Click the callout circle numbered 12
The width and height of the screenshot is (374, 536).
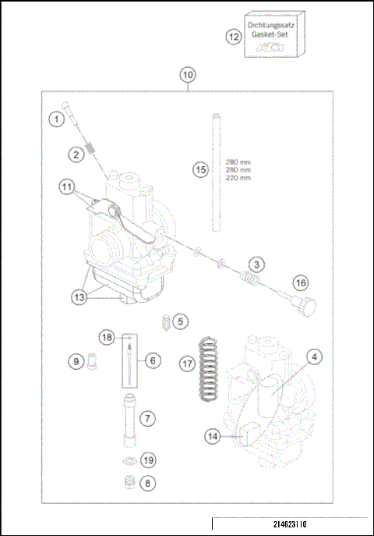click(234, 37)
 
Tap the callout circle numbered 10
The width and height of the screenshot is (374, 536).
click(187, 75)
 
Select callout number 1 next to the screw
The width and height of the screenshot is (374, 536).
click(55, 119)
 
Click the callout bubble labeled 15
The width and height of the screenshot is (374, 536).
click(200, 169)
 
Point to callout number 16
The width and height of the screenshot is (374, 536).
click(302, 282)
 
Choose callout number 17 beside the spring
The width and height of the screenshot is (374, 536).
click(185, 364)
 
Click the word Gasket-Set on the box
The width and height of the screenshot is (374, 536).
click(270, 36)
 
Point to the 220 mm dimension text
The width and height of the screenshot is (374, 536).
click(238, 178)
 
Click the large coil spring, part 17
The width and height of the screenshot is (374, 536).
click(207, 370)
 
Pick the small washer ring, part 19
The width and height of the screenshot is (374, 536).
click(127, 459)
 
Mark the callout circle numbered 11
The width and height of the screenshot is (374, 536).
click(67, 187)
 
